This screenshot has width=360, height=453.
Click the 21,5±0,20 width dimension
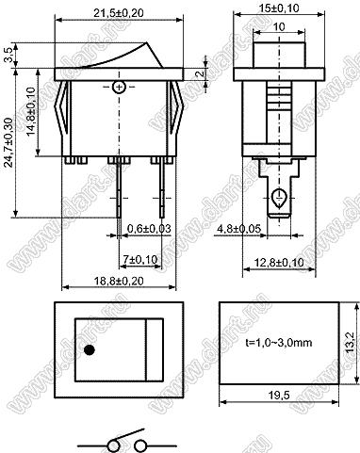119,13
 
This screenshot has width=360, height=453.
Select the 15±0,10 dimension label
279,8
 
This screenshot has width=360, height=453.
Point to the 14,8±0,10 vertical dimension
31,111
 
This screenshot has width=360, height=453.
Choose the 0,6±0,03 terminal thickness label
149,229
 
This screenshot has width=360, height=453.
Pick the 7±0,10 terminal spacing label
140,259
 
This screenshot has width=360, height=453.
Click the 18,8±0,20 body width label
119,281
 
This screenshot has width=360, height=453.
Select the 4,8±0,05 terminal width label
238,229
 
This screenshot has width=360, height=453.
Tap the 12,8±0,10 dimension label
279,262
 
